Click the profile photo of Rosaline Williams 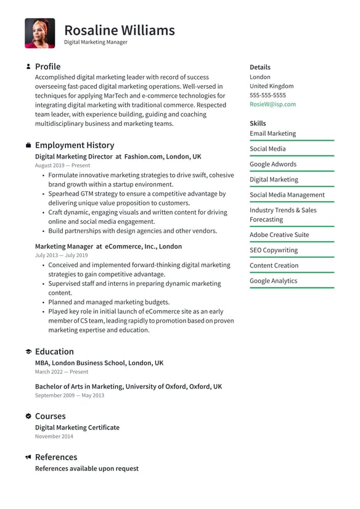[x=39, y=33]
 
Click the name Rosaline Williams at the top [x=119, y=30]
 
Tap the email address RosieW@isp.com [x=272, y=104]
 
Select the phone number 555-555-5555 [x=268, y=96]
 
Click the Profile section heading [x=47, y=67]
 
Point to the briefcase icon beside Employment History [x=28, y=146]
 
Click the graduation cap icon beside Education [x=28, y=352]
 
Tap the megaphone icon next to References [x=28, y=457]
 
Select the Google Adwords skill [x=273, y=164]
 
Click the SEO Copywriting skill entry [x=274, y=250]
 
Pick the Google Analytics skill [x=273, y=281]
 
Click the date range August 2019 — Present [x=62, y=166]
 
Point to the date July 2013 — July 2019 [x=61, y=255]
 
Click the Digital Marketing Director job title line [x=118, y=157]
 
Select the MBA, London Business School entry [x=99, y=363]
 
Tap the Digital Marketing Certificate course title [x=77, y=428]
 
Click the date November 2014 [x=54, y=436]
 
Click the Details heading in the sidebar [x=260, y=67]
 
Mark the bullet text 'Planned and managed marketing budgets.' [x=108, y=302]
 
